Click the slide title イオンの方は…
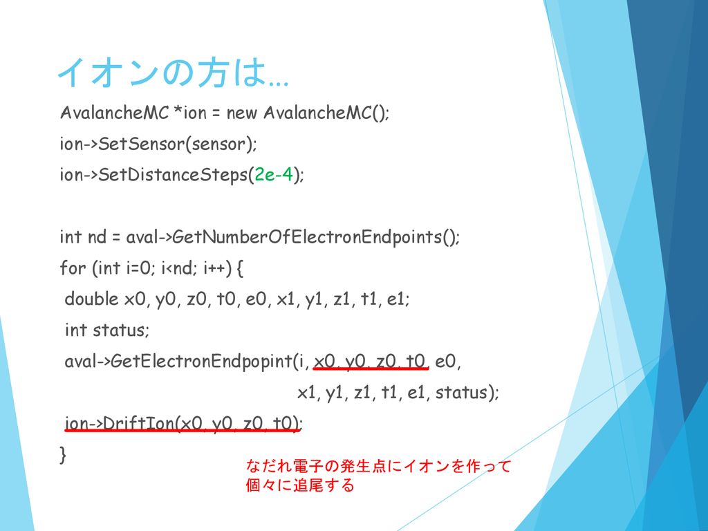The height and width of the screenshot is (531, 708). coord(173,72)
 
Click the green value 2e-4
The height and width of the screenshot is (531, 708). coord(274,174)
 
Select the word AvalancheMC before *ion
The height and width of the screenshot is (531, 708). coord(114,113)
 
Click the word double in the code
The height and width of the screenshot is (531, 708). coord(92,299)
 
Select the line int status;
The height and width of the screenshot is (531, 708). coord(107,330)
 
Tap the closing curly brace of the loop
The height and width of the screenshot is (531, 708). coord(63,454)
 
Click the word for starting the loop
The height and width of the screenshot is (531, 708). coord(73,268)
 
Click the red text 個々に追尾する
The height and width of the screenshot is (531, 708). coord(300,485)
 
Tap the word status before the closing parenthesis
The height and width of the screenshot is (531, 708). coord(461,392)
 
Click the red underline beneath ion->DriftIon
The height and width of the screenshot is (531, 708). coord(183,430)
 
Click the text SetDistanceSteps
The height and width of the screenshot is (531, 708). coord(174,175)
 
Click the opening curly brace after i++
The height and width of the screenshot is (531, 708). coord(240,268)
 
